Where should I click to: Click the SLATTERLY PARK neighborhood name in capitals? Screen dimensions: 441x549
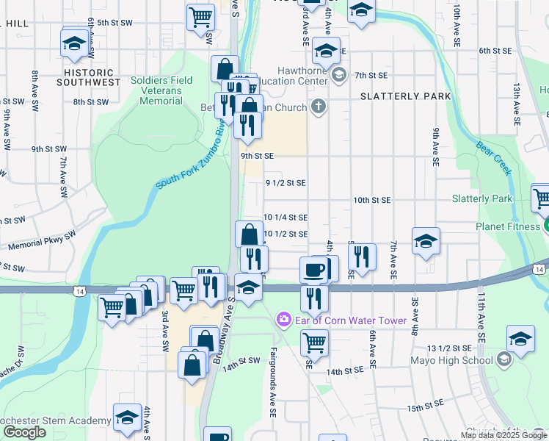coord(396,96)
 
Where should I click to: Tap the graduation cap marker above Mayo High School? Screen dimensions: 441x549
coord(520,340)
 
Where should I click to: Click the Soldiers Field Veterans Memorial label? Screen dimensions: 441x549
coord(161,90)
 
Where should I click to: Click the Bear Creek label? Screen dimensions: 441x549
coord(494,157)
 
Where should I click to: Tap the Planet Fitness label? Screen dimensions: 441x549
coord(507,226)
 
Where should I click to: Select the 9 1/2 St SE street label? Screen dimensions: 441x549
coord(285,182)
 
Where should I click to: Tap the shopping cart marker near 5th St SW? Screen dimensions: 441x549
coord(200,16)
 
